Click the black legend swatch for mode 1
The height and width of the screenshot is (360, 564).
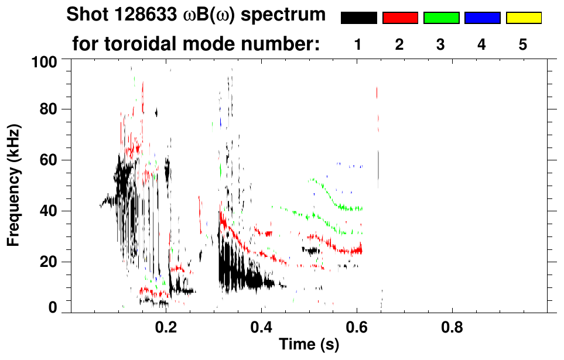coord(358,18)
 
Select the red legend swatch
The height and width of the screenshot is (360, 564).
coord(400,18)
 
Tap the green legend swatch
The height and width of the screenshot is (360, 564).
coord(441,18)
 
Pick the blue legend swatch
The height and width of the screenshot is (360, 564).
coord(482,18)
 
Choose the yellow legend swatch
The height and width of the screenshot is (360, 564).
coord(524,18)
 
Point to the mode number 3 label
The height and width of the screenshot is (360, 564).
coord(441,45)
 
